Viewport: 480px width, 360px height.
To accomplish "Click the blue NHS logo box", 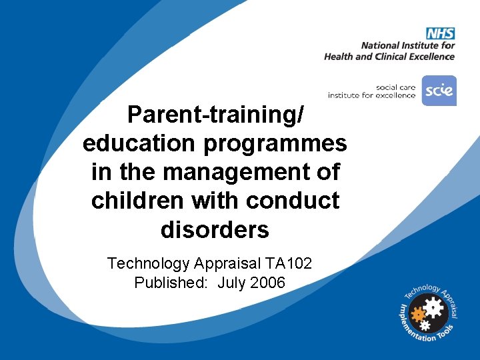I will pyautogui.click(x=440, y=33).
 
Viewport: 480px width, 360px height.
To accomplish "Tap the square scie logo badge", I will pyautogui.click(x=439, y=91).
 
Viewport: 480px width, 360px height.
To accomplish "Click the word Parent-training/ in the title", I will pyautogui.click(x=215, y=115).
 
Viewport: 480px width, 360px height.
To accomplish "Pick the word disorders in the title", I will pyautogui.click(x=215, y=229).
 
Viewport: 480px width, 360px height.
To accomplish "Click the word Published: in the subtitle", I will pyautogui.click(x=169, y=283).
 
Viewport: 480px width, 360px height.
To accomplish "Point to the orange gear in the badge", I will pyautogui.click(x=419, y=314).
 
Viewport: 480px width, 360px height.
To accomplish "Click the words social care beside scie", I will pyautogui.click(x=396, y=87).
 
